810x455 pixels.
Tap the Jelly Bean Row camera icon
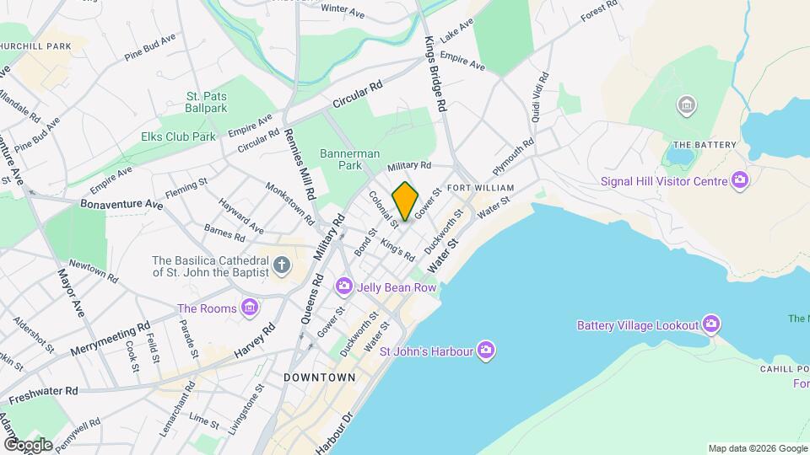point(343,287)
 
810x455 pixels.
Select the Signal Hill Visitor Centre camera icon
point(740,180)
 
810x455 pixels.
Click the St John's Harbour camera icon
point(485,351)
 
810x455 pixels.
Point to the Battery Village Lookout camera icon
point(711,324)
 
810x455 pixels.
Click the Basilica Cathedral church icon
point(282,266)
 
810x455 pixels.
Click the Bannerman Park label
point(350,160)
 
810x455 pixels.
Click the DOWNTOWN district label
point(320,377)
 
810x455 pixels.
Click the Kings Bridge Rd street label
point(435,75)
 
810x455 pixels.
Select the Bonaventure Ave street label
point(121,204)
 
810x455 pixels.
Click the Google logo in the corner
point(29,444)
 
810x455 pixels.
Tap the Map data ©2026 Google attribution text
point(757,448)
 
